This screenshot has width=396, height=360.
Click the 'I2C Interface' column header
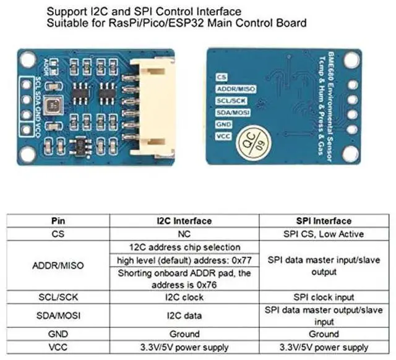click(184, 221)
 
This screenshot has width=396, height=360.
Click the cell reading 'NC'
click(184, 234)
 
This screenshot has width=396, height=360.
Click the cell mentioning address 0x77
click(184, 259)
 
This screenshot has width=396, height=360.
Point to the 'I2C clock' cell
click(184, 297)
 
